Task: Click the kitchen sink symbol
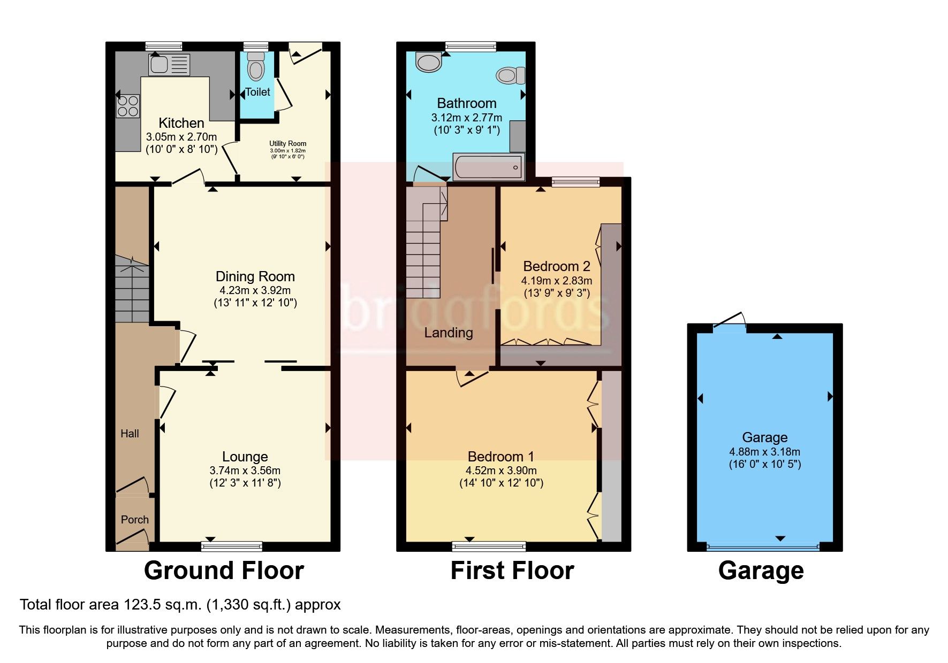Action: tap(169, 65)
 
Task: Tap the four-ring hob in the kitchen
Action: tap(128, 105)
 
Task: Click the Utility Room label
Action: tap(287, 143)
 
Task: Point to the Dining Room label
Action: tap(255, 276)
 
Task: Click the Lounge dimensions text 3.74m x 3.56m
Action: tap(245, 471)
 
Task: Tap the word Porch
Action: tap(134, 520)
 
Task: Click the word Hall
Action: tap(130, 434)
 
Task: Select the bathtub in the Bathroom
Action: tap(488, 167)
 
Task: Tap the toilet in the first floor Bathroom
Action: tap(510, 75)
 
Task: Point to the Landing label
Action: tap(448, 333)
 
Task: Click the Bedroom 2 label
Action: tap(556, 266)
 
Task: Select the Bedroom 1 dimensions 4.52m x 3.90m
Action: tap(500, 471)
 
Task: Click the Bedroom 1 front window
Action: tap(488, 546)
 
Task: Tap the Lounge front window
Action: tap(231, 546)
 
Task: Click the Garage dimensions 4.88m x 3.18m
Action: tap(764, 452)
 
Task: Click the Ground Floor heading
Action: tap(224, 571)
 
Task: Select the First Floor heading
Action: tap(512, 571)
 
